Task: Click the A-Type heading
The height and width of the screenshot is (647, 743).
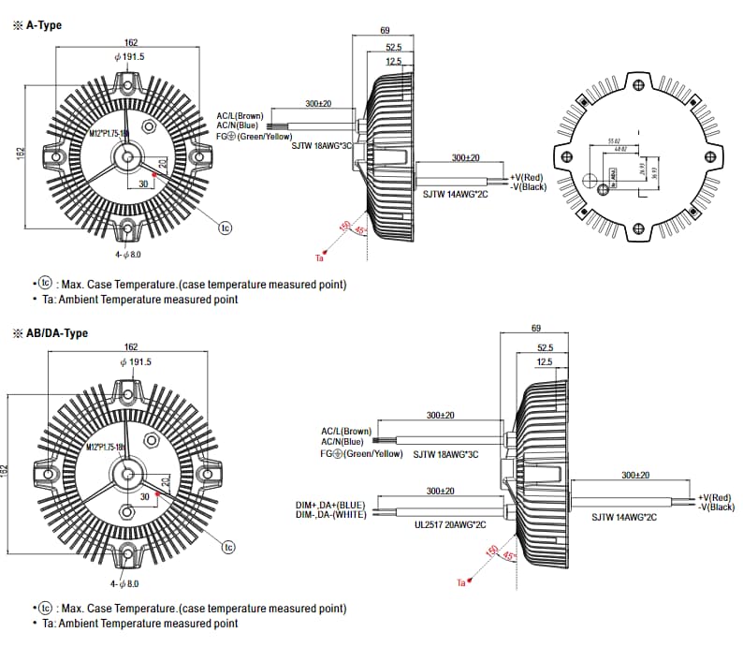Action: tap(43, 25)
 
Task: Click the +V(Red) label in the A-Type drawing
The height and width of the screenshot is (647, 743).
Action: tap(528, 177)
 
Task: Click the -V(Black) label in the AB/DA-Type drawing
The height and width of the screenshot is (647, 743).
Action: tap(714, 507)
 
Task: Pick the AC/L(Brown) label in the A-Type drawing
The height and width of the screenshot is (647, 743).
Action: tap(240, 115)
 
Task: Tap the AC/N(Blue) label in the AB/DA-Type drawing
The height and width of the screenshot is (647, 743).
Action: tap(342, 442)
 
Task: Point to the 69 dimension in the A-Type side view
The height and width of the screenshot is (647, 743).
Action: tap(385, 32)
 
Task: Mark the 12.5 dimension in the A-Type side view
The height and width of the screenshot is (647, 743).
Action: tap(393, 62)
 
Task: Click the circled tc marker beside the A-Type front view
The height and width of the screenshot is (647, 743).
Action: tap(226, 228)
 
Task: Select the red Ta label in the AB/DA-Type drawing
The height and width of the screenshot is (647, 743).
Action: tap(460, 583)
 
